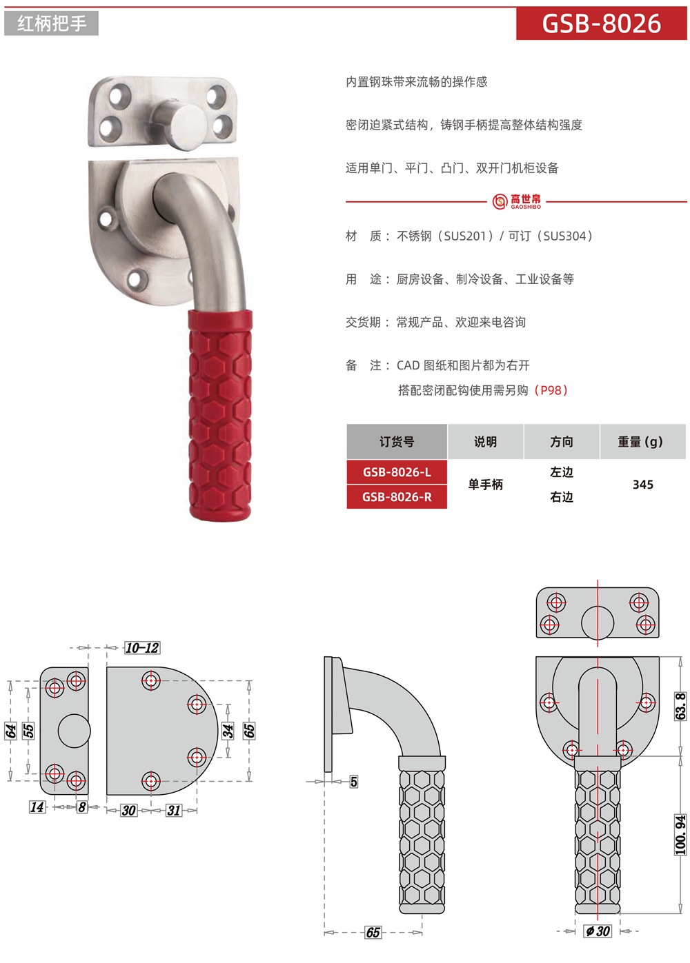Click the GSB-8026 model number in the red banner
[x=601, y=23]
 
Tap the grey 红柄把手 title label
[x=51, y=23]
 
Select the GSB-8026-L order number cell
[x=397, y=472]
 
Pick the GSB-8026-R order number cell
[x=397, y=497]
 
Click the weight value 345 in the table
[x=642, y=485]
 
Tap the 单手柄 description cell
[x=485, y=485]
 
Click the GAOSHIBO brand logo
[x=517, y=201]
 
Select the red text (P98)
[x=551, y=390]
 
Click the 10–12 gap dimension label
[x=142, y=647]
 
